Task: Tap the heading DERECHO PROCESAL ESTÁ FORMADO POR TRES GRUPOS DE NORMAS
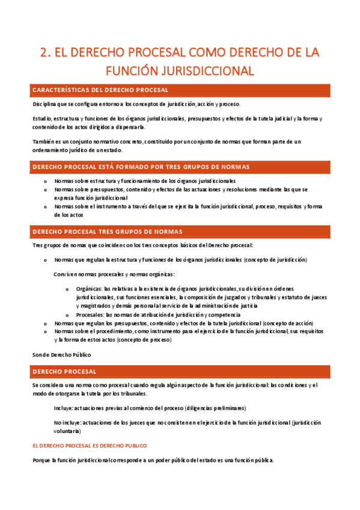(x=141, y=166)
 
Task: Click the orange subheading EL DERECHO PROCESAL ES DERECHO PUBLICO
(x=89, y=446)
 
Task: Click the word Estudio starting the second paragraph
(x=41, y=118)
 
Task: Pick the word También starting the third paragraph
(x=44, y=141)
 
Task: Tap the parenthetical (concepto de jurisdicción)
(x=275, y=260)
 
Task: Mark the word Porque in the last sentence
(x=41, y=461)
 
